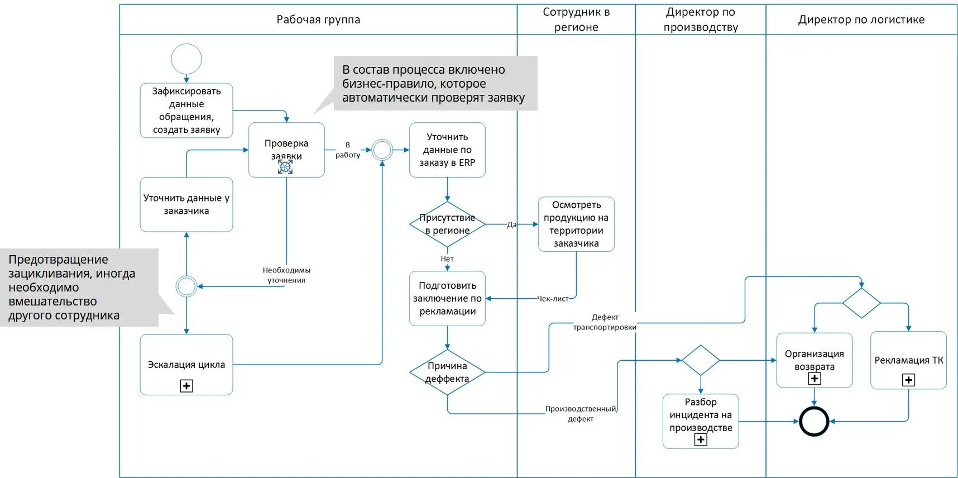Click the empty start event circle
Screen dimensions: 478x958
pyautogui.click(x=186, y=59)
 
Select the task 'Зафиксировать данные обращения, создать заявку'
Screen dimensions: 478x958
pyautogui.click(x=186, y=110)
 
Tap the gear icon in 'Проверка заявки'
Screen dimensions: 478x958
pyautogui.click(x=285, y=167)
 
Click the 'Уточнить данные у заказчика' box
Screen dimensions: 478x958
pyautogui.click(x=186, y=204)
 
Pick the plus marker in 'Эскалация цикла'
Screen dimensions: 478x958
pyautogui.click(x=186, y=386)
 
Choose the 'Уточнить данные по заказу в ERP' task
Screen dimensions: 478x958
pyautogui.click(x=447, y=150)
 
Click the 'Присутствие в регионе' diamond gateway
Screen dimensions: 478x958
pyautogui.click(x=447, y=224)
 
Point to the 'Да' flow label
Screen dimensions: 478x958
pyautogui.click(x=511, y=224)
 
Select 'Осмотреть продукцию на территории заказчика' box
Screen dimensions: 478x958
pyautogui.click(x=576, y=224)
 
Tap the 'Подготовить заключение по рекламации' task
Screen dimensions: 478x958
pyautogui.click(x=447, y=298)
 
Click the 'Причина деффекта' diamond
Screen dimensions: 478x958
pyautogui.click(x=447, y=372)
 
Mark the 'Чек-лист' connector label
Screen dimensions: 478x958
pyautogui.click(x=553, y=299)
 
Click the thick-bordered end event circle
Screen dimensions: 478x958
pyautogui.click(x=814, y=422)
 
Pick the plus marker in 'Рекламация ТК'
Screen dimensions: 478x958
pyautogui.click(x=908, y=380)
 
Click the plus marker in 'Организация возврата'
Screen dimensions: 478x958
pyautogui.click(x=815, y=379)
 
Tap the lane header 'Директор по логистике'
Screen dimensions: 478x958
pyautogui.click(x=861, y=20)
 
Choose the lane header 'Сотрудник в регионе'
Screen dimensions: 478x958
pyautogui.click(x=576, y=20)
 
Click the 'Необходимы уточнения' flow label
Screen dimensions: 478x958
pyautogui.click(x=286, y=275)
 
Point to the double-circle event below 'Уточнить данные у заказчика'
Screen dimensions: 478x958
pyautogui.click(x=186, y=286)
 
